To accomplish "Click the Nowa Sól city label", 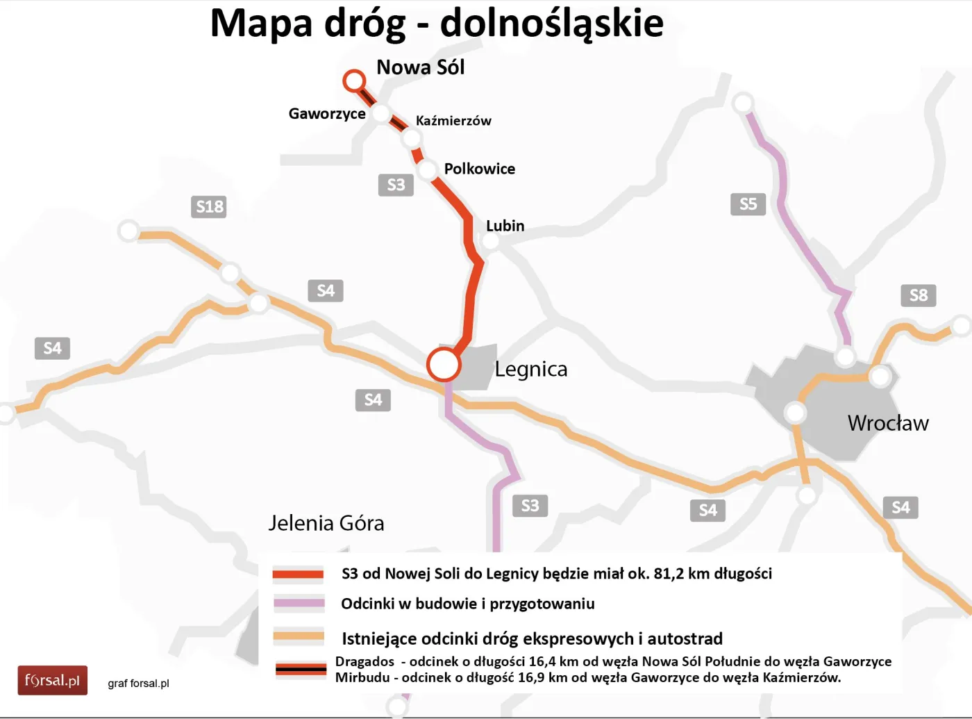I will coord(420,67).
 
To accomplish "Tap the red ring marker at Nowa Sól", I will coord(354,81).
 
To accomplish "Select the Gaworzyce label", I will coord(327,113).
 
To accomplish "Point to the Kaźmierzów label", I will coord(453,121).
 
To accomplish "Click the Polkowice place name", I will coord(479,169).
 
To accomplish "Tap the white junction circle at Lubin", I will coord(490,242).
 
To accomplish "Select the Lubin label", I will coord(505,226).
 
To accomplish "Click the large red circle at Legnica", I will coord(444,363).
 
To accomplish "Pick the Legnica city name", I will coord(530,369).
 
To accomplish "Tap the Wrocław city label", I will coord(887,423).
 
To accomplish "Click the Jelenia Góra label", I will coord(326,523).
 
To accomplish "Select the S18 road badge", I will coord(209,206).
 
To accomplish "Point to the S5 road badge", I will coord(748,204).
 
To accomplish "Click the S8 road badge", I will coord(918,295).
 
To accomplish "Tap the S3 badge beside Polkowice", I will coord(396,185).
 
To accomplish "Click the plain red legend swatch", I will coord(299,574).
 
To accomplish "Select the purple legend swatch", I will coord(299,603).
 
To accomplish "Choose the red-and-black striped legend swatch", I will coord(301,669).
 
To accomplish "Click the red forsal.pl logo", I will coord(53,680).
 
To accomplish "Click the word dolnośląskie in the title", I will coord(551,23).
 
